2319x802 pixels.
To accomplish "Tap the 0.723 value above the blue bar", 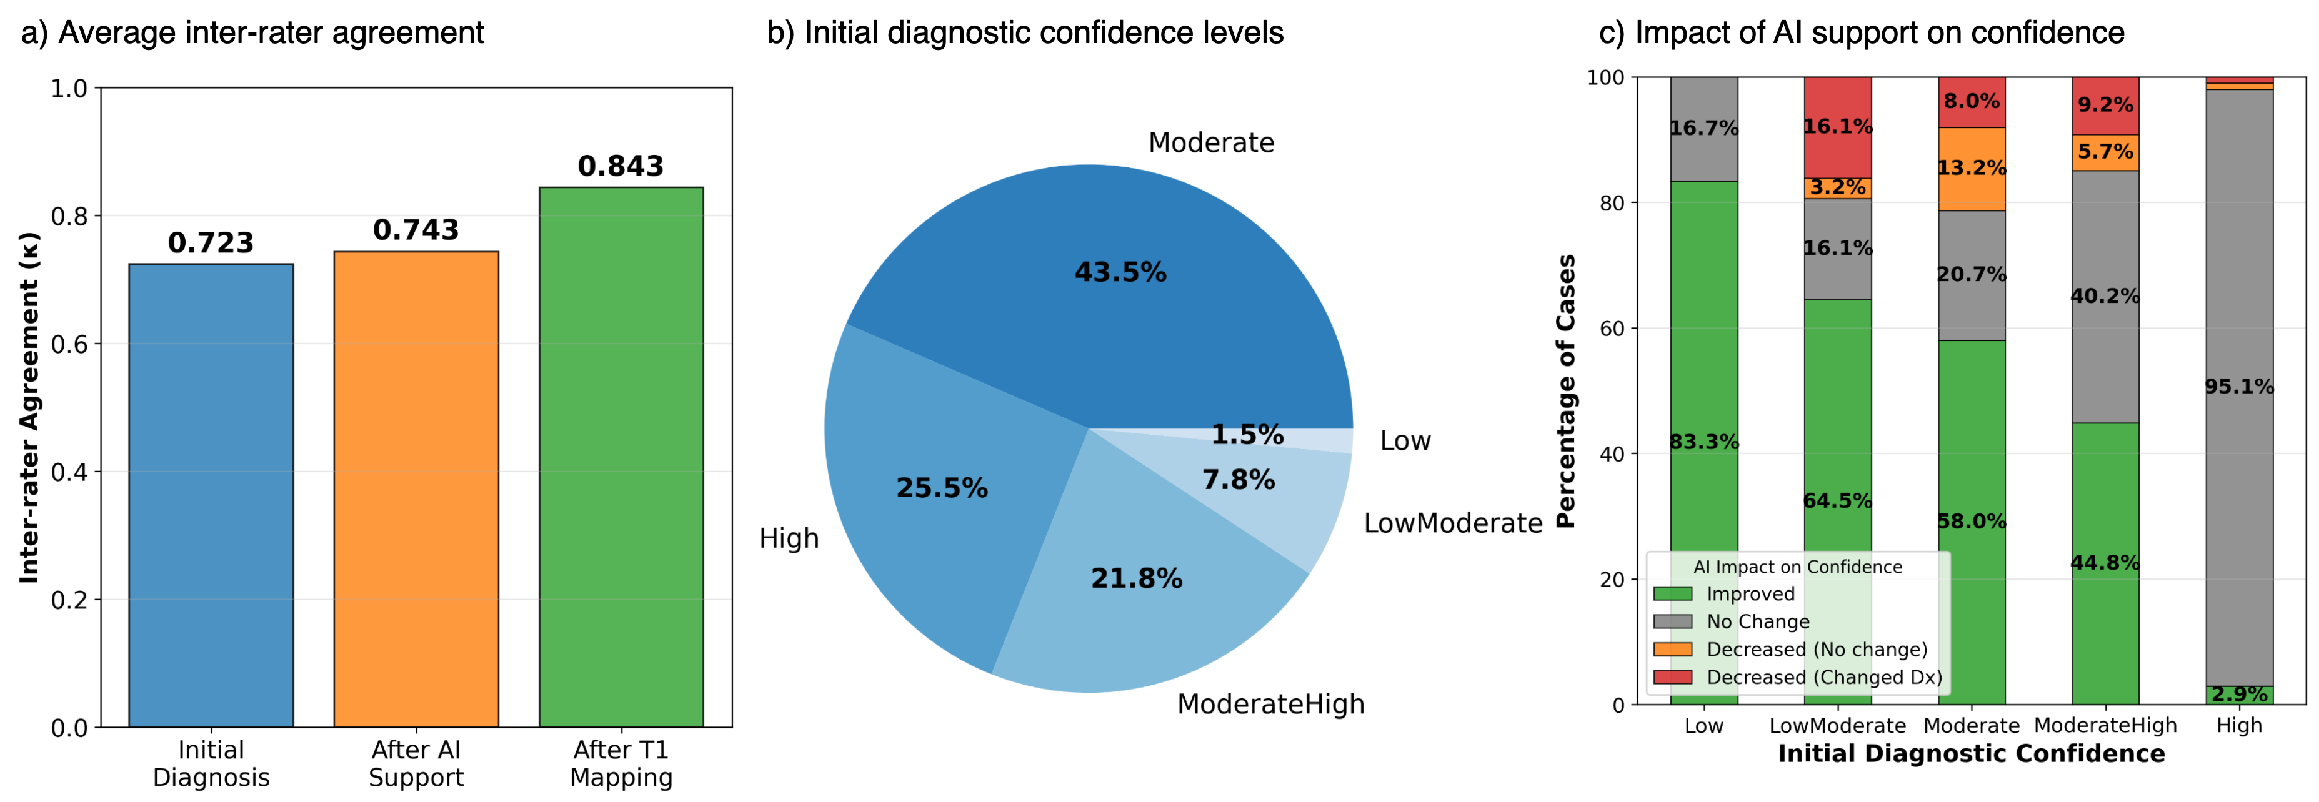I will [211, 243].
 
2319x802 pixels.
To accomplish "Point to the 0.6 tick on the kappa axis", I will [69, 345].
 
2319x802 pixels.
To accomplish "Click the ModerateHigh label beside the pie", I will [1270, 704].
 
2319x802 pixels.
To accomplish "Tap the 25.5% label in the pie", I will [942, 488].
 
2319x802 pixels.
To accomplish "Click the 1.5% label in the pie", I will [1247, 435].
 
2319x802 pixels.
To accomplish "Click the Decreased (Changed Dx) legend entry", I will [1823, 678].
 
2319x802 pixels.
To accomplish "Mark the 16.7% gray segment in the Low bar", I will [1704, 129].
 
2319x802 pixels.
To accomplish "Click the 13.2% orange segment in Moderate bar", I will [1972, 168].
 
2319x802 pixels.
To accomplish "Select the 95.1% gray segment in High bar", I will [2239, 387].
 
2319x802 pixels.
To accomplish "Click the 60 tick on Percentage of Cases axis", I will [1612, 329].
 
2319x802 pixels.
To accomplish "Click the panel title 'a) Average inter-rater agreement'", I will [252, 33].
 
